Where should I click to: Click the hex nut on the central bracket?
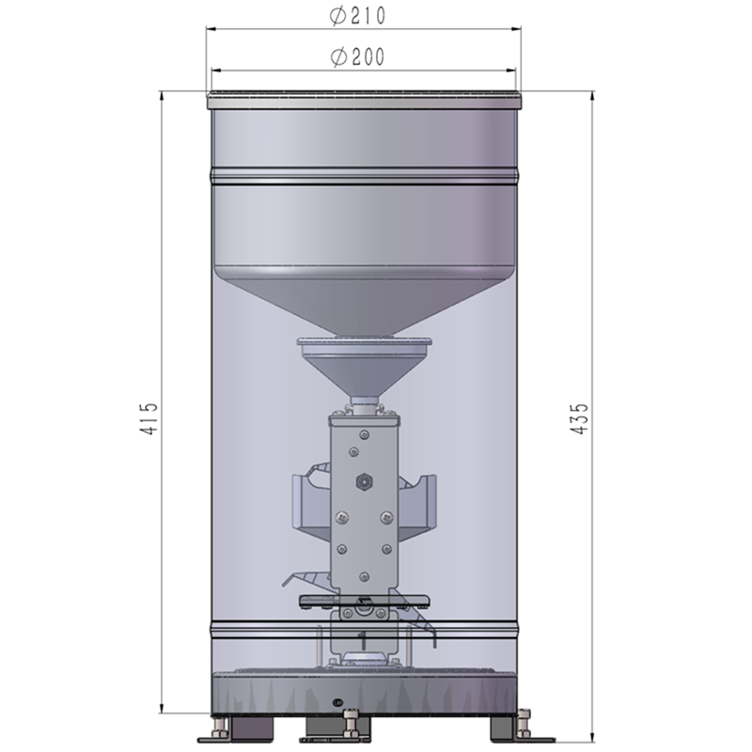pyautogui.click(x=361, y=480)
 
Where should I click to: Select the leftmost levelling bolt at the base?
pyautogui.click(x=222, y=727)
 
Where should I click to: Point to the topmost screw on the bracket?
pyautogui.click(x=362, y=433)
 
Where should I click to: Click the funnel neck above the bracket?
pyautogui.click(x=362, y=404)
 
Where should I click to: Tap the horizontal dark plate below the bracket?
pyautogui.click(x=362, y=600)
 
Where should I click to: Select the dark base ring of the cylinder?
pyautogui.click(x=362, y=691)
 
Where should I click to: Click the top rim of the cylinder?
pyautogui.click(x=362, y=97)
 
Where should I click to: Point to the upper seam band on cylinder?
pyautogui.click(x=362, y=177)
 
